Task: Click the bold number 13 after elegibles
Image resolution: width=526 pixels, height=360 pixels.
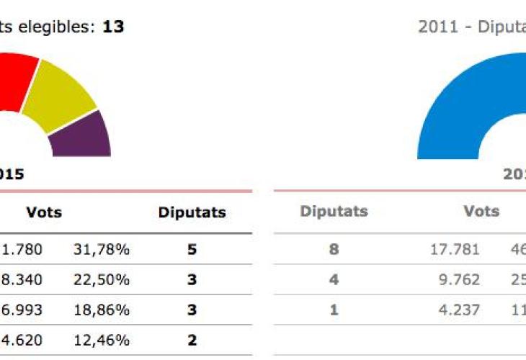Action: pos(113,27)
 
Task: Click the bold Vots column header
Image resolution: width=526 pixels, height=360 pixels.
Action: pos(44,212)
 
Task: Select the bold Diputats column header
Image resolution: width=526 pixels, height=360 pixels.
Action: pos(192,212)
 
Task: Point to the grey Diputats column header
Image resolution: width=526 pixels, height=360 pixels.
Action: pos(334,212)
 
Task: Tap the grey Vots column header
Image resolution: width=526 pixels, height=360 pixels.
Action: pos(482,212)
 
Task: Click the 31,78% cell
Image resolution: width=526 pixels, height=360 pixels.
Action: pos(101,250)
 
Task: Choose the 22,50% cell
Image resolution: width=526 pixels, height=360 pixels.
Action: pos(101,280)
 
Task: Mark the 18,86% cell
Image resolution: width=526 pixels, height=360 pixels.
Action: pos(101,310)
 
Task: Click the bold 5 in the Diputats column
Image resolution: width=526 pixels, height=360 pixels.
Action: pos(192,250)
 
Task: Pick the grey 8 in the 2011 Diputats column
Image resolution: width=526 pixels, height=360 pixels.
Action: pos(334,250)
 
